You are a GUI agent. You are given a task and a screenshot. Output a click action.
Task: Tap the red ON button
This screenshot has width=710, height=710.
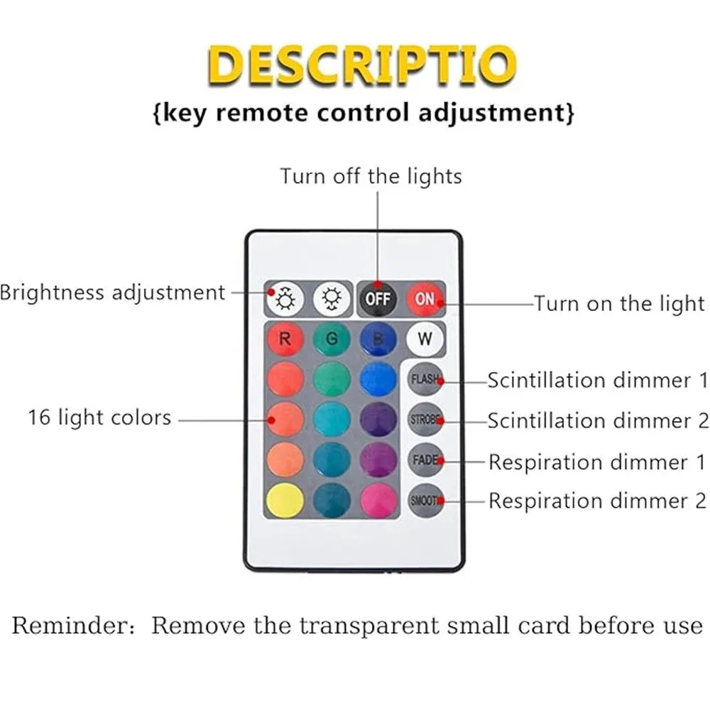click(425, 299)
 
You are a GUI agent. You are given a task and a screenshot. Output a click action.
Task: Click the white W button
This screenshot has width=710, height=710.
click(425, 339)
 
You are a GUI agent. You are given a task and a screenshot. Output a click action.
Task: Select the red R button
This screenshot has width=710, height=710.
click(285, 339)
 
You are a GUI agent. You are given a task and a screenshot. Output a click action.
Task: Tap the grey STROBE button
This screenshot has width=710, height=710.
click(425, 419)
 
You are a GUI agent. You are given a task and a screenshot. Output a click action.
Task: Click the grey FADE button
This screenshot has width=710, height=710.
click(425, 459)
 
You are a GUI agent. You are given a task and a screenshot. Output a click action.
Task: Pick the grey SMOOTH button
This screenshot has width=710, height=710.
click(425, 500)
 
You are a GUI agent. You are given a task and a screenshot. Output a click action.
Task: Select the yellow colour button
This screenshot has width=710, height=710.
click(285, 500)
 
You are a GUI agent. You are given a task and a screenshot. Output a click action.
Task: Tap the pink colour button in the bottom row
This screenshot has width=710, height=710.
click(378, 500)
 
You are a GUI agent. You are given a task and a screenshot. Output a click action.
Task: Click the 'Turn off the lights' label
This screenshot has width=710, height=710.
click(371, 176)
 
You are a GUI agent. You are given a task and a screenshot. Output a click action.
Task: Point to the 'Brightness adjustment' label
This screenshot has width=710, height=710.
click(112, 293)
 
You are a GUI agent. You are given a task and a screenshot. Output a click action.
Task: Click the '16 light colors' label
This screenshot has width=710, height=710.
click(100, 417)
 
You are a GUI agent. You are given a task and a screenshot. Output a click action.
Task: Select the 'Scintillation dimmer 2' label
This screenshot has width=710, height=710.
click(598, 420)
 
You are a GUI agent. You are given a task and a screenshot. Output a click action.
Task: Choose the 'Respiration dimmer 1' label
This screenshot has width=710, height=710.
click(598, 462)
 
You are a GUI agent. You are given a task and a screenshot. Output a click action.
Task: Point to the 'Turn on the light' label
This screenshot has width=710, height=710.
click(619, 304)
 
